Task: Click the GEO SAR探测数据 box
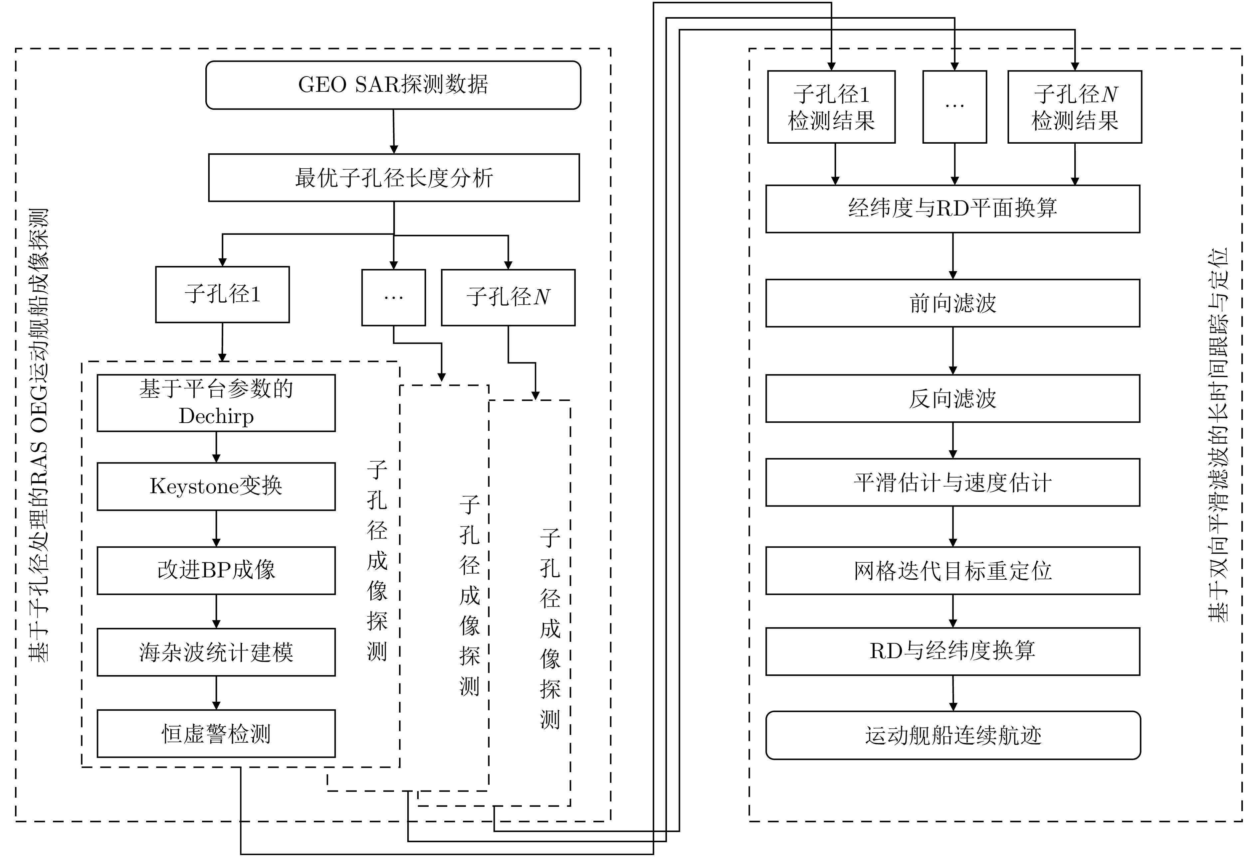tap(393, 85)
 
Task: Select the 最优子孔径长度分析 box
tap(393, 178)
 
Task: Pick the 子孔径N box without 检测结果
tap(508, 297)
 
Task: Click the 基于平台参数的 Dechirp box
tap(216, 403)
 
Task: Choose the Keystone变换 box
tap(216, 487)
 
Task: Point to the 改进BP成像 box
tap(216, 570)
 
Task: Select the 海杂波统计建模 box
tap(216, 652)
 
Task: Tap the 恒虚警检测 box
tap(216, 734)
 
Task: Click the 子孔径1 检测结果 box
tap(831, 107)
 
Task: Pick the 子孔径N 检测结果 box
tap(1075, 107)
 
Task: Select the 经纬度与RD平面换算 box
tap(952, 209)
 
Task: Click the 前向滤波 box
tap(952, 303)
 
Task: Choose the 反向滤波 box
tap(952, 398)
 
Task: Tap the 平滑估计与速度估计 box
tap(952, 483)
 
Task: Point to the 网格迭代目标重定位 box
tap(952, 571)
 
